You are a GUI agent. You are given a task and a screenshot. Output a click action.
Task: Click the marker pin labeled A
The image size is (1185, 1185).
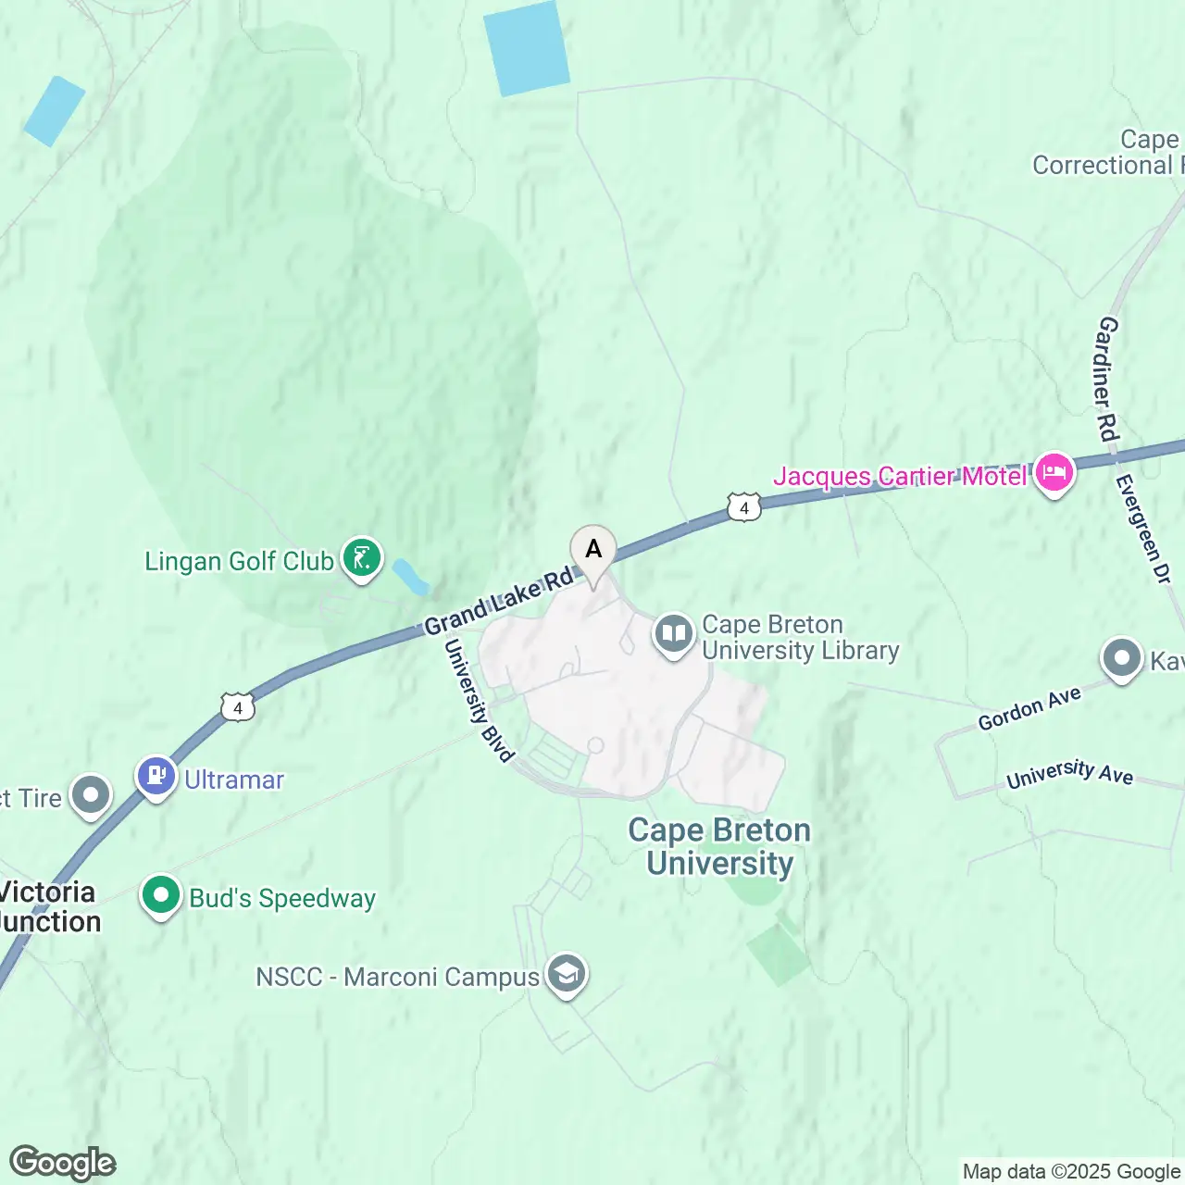[x=593, y=550]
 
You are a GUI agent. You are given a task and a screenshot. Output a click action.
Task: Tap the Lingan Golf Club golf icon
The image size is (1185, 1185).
[x=362, y=559]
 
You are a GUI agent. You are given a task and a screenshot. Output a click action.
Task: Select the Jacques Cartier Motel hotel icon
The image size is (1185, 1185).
[x=1054, y=474]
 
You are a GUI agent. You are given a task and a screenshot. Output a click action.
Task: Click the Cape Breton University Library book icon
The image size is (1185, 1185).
[x=674, y=636]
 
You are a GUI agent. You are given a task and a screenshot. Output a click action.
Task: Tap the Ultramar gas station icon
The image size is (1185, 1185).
[x=156, y=777]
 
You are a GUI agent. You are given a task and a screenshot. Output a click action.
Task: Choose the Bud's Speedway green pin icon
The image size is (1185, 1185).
[x=161, y=896]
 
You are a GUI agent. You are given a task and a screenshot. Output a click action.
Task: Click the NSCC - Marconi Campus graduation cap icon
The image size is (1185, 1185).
[x=566, y=975]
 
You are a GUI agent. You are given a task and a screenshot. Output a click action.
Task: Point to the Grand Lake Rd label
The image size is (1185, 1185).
[x=499, y=603]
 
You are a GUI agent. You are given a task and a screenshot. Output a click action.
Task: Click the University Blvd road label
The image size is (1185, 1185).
[x=479, y=700]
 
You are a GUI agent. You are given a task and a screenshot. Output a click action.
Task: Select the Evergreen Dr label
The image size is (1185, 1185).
[x=1144, y=529]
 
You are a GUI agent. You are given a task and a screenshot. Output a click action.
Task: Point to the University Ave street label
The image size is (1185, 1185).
[x=1069, y=773]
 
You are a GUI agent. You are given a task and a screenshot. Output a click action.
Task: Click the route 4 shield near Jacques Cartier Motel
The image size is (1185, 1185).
[x=744, y=508]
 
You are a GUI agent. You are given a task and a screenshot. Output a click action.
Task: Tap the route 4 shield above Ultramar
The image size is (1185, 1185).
[x=238, y=708]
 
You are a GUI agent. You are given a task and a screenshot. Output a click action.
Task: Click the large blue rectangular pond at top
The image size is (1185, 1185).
[x=527, y=47]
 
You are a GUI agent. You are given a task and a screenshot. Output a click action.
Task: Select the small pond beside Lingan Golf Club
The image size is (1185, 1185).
[x=411, y=577]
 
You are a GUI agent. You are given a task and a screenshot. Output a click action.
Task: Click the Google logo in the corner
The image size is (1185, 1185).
[x=63, y=1163]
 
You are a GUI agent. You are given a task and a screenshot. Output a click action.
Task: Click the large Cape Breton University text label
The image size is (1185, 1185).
[x=719, y=846]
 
